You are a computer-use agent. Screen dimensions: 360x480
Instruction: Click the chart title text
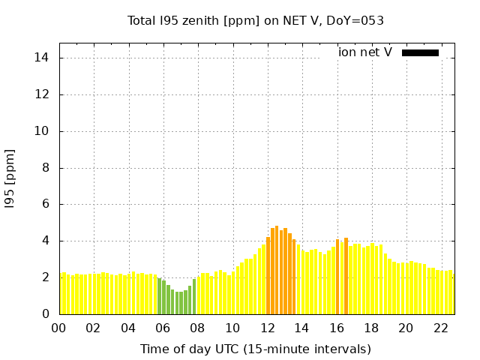256,20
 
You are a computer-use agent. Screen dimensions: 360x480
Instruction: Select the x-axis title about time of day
256,349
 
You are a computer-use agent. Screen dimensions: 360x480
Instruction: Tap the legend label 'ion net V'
365,52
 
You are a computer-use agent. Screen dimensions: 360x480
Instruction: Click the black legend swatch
420,52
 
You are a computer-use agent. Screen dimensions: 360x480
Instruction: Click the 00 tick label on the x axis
58,328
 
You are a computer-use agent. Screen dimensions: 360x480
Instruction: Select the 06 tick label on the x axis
163,328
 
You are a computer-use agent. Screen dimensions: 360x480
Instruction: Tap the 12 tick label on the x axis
267,328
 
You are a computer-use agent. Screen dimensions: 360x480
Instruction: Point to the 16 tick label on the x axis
337,328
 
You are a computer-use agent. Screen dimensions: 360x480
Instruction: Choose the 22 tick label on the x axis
441,328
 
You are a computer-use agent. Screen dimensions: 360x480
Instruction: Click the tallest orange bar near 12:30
277,270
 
